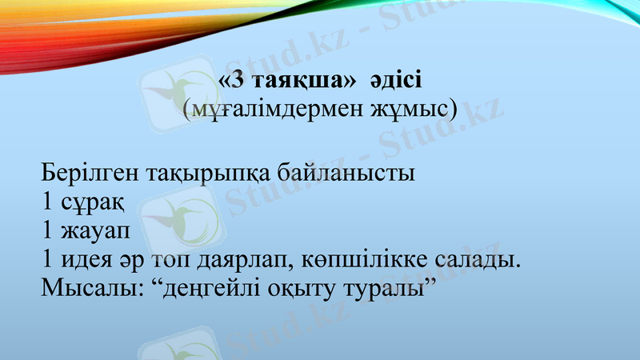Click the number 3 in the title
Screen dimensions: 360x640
[237, 81]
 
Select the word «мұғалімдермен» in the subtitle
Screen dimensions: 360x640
[268, 110]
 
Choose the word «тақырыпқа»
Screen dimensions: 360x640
[207, 174]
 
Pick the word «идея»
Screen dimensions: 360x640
[95, 261]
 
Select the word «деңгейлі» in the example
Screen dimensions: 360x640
[210, 290]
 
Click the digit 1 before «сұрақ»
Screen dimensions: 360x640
[48, 202]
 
